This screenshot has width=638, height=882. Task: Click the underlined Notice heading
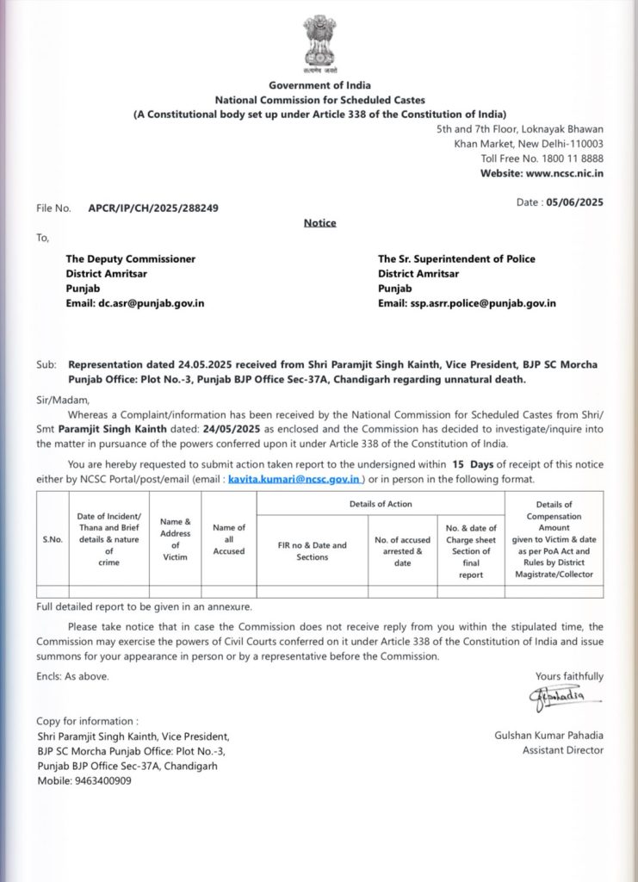coord(319,223)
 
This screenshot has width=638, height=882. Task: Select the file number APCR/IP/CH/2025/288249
coord(153,208)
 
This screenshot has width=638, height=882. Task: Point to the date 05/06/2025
coord(574,202)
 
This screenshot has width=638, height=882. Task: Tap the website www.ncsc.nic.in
coord(564,173)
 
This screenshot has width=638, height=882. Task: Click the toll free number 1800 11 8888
coord(573,158)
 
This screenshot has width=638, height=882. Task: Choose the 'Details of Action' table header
coord(381,504)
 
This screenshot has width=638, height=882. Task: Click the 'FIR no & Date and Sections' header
coord(312,551)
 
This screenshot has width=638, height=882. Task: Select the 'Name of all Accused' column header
coord(229,539)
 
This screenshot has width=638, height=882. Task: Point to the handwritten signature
coord(556,697)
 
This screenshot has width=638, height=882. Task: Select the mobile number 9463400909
coord(103,781)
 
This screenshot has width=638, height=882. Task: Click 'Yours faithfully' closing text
coord(569,676)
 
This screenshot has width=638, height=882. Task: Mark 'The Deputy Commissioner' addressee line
coord(131,259)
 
